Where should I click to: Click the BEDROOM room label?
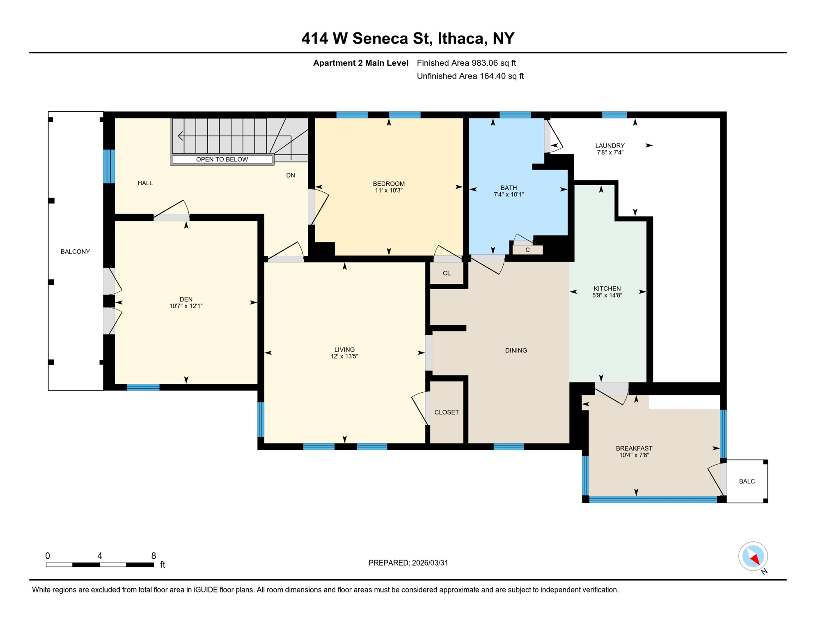click(x=388, y=184)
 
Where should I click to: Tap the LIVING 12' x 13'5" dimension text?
click(x=344, y=357)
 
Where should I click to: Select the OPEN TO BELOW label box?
click(x=222, y=159)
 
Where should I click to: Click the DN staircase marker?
click(x=290, y=175)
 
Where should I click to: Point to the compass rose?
click(x=753, y=557)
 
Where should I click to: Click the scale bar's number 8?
click(x=154, y=556)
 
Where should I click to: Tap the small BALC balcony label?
click(x=747, y=481)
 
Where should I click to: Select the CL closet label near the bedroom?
click(x=447, y=273)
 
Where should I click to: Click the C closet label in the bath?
click(x=527, y=250)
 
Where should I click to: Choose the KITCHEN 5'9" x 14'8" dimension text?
click(x=607, y=295)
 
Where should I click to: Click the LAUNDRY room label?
click(x=610, y=145)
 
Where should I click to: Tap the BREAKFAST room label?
click(x=634, y=449)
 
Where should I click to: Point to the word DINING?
click(x=516, y=350)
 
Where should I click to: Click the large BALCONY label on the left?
click(x=75, y=252)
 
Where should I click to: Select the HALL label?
click(x=145, y=183)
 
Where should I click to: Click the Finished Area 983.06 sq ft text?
click(x=466, y=63)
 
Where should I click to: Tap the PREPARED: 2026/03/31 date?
click(x=408, y=563)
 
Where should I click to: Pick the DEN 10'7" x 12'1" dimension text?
click(x=186, y=306)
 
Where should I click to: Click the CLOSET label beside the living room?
click(x=447, y=412)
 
